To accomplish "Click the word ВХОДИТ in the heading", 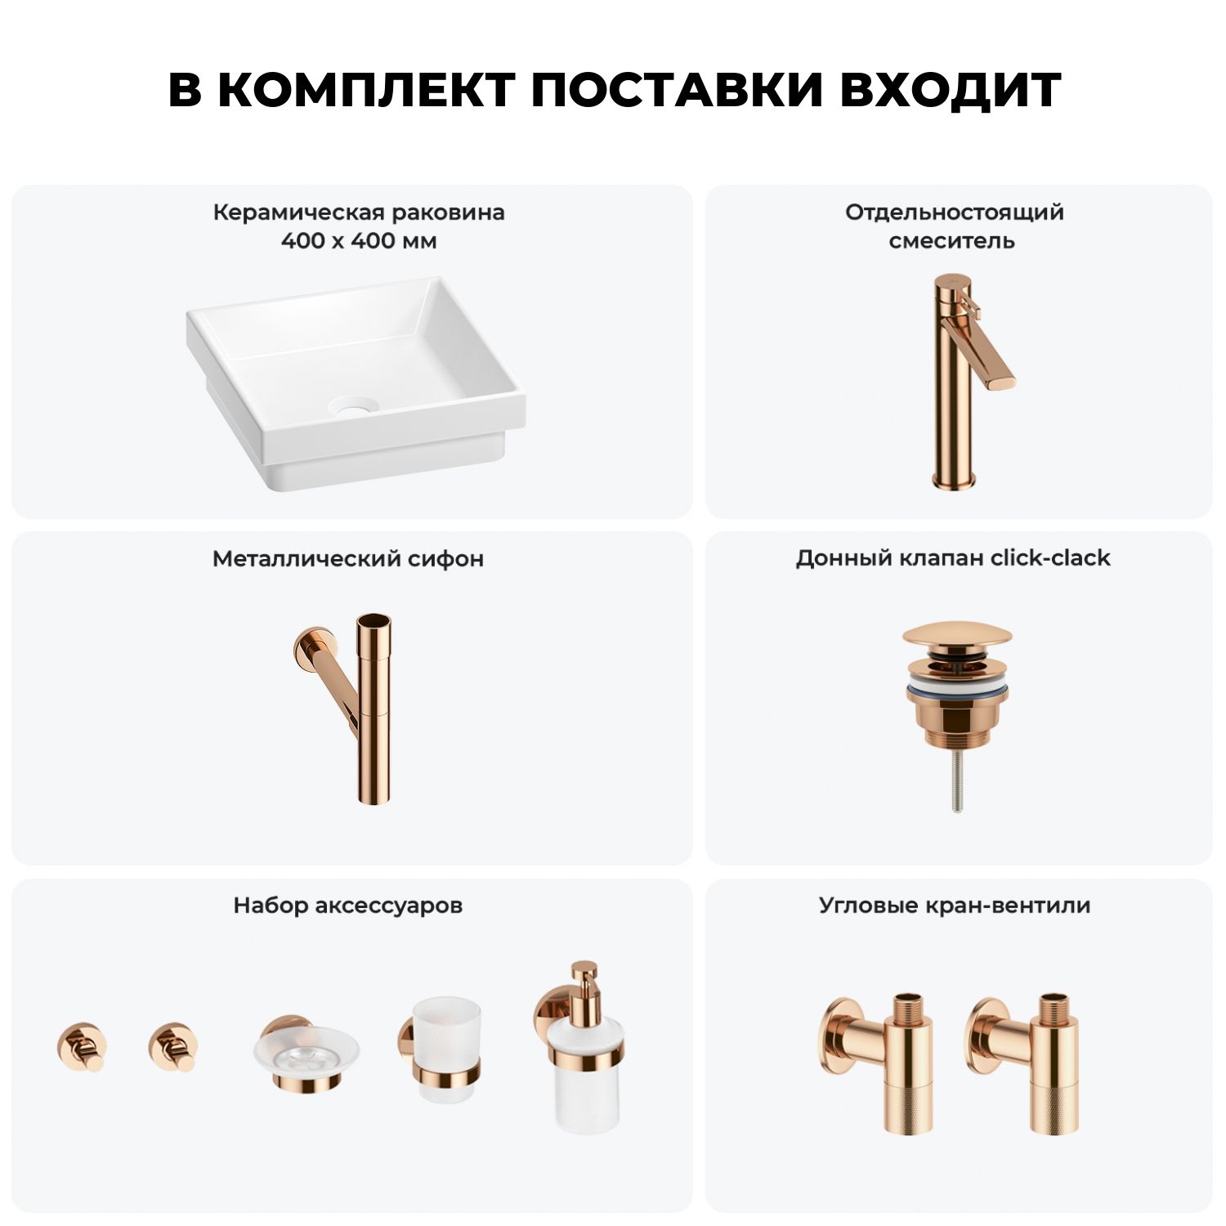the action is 951,89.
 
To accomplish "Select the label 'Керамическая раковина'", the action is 359,213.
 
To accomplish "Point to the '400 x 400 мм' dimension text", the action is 359,241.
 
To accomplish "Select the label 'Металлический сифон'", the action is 348,559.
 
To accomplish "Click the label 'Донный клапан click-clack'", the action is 953,558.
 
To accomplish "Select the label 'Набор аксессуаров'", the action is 348,906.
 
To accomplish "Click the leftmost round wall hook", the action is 82,1047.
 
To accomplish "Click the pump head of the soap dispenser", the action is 585,976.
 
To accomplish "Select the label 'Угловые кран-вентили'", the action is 955,906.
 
